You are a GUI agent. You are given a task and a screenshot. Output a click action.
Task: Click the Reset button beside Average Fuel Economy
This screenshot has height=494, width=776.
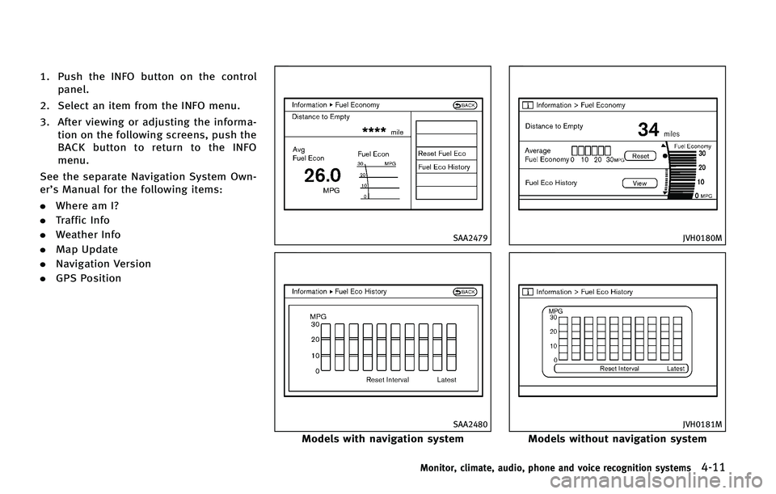(x=640, y=156)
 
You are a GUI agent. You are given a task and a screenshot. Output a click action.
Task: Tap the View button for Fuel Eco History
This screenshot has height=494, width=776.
(x=639, y=184)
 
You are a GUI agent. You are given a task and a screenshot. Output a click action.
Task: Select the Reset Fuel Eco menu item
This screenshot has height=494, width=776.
(x=442, y=154)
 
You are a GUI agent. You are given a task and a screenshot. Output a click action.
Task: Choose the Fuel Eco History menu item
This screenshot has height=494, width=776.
(x=444, y=167)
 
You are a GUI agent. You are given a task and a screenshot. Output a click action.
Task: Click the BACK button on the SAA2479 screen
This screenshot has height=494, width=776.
(x=465, y=105)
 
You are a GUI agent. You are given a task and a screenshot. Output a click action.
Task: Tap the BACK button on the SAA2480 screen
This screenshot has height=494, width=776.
(x=465, y=292)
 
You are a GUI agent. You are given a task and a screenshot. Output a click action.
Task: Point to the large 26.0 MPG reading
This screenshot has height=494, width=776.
(x=323, y=175)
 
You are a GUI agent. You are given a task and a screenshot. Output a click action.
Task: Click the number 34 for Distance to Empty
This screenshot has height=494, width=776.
(x=648, y=129)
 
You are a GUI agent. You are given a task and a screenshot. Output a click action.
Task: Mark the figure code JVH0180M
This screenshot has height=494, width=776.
(x=702, y=238)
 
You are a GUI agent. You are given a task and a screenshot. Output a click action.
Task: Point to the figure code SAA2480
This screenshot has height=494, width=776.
(x=470, y=424)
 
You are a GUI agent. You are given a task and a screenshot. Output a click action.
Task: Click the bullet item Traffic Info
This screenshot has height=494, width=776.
(x=82, y=220)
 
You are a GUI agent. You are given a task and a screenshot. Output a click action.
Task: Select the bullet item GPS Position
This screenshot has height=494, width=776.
(x=88, y=278)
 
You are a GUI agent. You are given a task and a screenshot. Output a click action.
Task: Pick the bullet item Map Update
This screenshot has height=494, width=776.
(x=86, y=250)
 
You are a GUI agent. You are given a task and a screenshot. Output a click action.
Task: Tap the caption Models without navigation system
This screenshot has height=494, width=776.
(x=617, y=438)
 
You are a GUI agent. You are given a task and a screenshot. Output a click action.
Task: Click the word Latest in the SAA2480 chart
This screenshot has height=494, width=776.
(x=446, y=380)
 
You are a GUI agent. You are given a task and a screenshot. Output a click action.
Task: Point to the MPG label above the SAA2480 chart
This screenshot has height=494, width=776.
(x=318, y=316)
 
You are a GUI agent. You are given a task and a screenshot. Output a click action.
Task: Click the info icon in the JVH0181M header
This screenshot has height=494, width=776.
(x=528, y=292)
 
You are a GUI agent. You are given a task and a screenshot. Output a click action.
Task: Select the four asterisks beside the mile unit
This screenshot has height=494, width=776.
(x=374, y=130)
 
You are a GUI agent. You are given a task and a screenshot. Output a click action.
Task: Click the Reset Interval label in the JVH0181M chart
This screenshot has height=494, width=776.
(x=619, y=369)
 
